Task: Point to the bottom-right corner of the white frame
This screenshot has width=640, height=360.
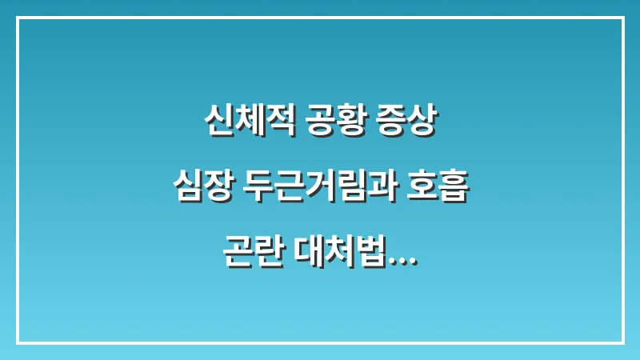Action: [622, 342]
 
